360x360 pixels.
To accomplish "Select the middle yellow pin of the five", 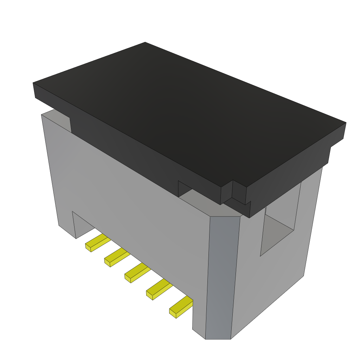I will [137, 272].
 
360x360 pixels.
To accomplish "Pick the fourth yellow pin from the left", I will [159, 289].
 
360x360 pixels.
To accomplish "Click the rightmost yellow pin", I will [181, 306].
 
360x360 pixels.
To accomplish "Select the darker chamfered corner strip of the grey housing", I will [221, 274].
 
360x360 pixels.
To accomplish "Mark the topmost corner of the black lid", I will [145, 43].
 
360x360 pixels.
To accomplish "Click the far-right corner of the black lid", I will [345, 123].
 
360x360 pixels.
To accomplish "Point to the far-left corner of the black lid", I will [34, 83].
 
